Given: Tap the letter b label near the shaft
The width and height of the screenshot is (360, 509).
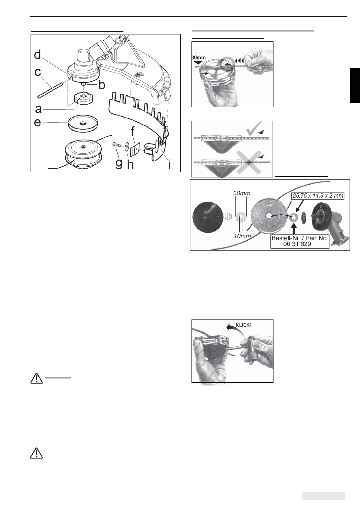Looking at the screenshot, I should click(x=102, y=85).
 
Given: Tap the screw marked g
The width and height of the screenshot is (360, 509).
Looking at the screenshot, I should click(x=116, y=144).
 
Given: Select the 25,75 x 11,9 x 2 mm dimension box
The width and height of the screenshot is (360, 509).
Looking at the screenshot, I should click(x=317, y=196).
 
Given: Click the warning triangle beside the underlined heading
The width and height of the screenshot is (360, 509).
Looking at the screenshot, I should click(x=36, y=378).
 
